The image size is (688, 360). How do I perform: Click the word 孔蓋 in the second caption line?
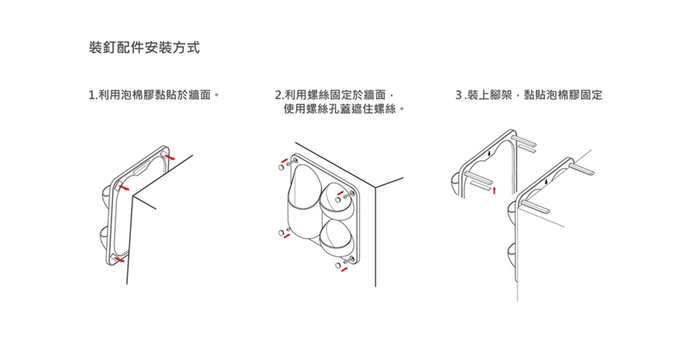350,110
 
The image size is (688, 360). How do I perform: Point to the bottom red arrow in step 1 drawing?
120,262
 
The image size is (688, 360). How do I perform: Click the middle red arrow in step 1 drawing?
124,186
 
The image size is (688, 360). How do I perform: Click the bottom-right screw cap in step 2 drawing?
338,268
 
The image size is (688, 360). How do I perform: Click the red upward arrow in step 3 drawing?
494,189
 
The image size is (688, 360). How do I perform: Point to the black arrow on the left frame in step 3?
487,153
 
